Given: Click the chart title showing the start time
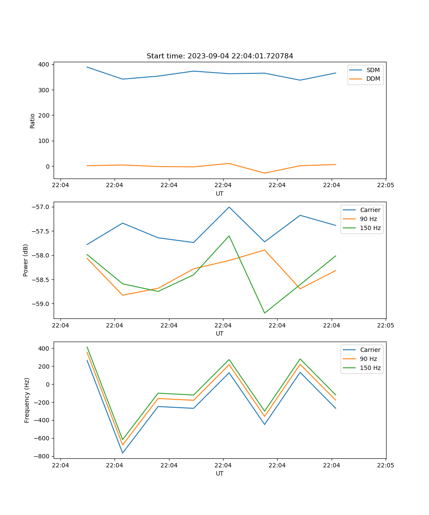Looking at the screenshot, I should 220,56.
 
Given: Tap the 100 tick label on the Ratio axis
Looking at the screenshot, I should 45,141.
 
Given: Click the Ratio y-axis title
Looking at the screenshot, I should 33,121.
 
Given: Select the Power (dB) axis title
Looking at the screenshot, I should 26,260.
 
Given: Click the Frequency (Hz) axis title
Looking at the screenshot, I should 27,400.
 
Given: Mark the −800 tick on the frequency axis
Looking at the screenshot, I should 43,456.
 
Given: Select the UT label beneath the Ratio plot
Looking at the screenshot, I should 220,194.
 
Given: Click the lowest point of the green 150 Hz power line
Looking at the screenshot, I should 264,313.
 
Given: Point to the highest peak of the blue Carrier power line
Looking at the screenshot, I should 229,207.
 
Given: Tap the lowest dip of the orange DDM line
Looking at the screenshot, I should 264,173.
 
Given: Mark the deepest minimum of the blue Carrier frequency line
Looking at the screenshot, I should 123,453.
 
